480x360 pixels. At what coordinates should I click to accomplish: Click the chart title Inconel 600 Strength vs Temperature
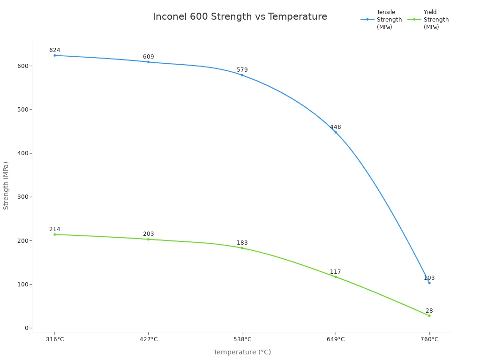pos(240,17)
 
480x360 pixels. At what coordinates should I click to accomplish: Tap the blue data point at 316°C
pos(55,55)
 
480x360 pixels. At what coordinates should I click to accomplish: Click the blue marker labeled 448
pos(336,132)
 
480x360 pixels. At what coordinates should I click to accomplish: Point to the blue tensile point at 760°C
pos(429,283)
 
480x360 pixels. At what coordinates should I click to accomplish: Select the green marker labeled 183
pos(242,248)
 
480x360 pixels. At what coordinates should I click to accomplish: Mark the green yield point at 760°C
pos(429,315)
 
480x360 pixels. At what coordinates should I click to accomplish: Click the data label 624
pos(55,50)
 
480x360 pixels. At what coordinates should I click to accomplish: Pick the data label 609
pos(149,57)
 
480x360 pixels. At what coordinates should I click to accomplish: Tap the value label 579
pos(242,70)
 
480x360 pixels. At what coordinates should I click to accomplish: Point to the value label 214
pos(55,229)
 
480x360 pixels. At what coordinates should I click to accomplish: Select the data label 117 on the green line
pos(336,272)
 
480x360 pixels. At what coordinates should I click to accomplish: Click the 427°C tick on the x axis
pos(149,339)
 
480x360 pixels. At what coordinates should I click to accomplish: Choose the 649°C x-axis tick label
pos(336,339)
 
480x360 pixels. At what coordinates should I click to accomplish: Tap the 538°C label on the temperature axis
pos(242,339)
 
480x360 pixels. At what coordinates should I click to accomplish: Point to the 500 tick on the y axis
pos(22,110)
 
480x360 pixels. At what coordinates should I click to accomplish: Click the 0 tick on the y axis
pos(27,328)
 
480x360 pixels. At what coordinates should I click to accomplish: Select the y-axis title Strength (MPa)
pos(6,185)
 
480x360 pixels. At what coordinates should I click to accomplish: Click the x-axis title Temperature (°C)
pos(242,352)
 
